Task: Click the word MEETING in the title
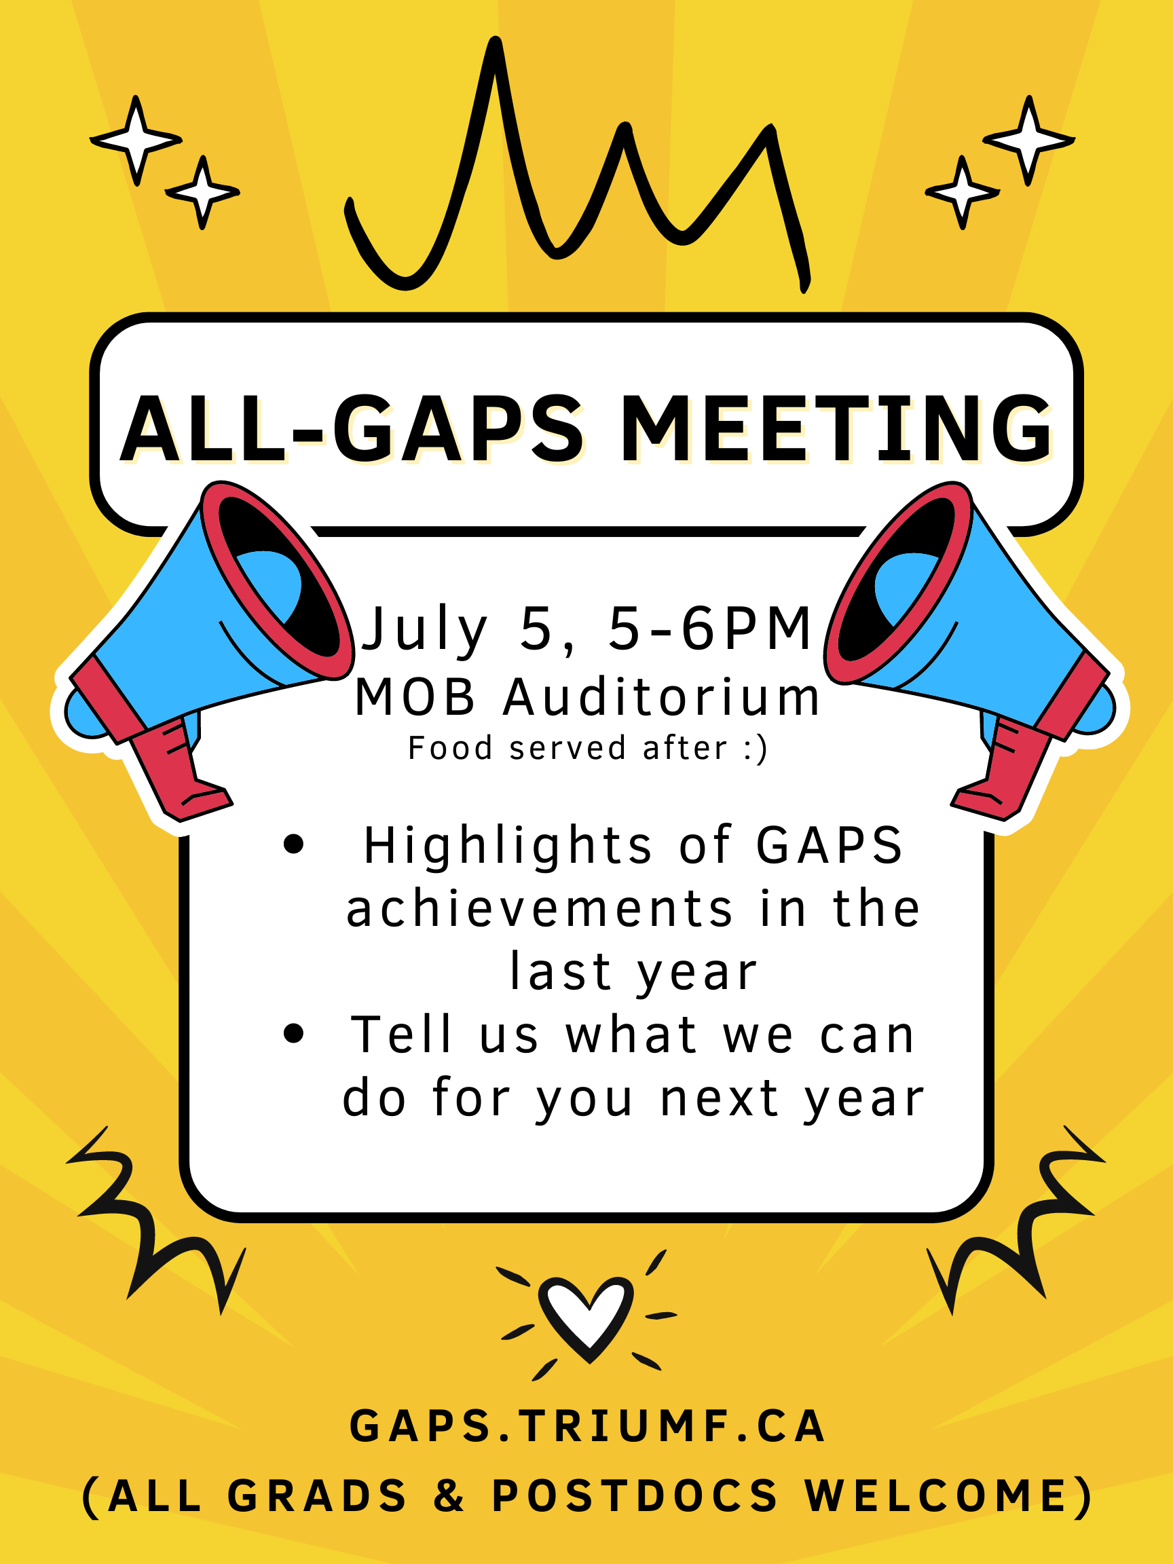click(836, 428)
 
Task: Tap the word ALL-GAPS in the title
click(352, 428)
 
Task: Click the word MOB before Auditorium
click(415, 697)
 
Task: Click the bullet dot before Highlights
click(293, 844)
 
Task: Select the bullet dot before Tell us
click(293, 1034)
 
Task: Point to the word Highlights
click(508, 846)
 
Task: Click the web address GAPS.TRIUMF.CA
click(587, 1426)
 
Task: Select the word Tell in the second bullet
click(401, 1035)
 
